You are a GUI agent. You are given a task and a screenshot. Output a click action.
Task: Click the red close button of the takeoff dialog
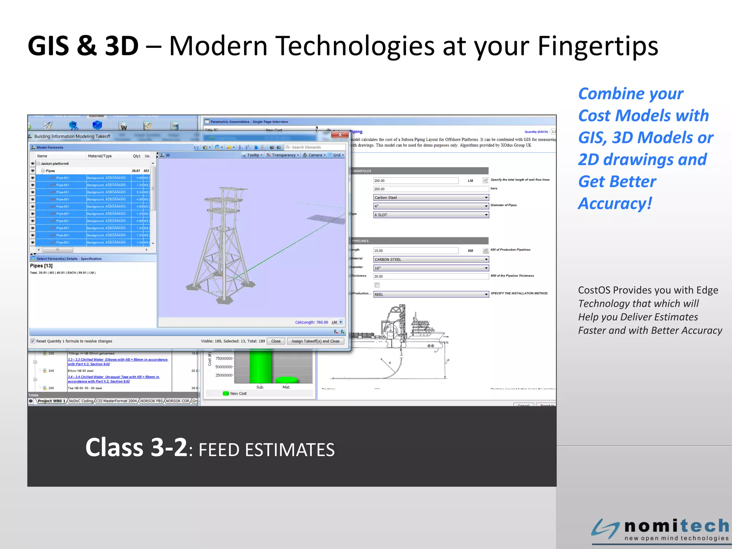coord(340,135)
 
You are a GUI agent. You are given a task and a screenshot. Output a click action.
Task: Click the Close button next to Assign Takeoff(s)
coord(276,341)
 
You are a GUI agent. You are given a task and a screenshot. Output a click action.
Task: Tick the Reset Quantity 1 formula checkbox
coord(33,341)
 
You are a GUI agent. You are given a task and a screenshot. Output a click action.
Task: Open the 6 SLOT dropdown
coord(431,215)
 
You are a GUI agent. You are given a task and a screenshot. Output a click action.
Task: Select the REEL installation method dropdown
coord(431,294)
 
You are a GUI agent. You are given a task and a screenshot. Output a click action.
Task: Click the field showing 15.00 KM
coord(416,251)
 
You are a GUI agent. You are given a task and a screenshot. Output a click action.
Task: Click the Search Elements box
coord(316,147)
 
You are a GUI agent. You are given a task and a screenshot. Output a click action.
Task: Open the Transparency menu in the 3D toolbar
coord(283,155)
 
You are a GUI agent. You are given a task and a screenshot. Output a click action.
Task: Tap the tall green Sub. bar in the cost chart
coord(260,367)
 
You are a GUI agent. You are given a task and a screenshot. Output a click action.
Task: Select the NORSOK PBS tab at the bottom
coord(151,401)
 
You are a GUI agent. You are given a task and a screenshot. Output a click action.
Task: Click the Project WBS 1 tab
coord(51,401)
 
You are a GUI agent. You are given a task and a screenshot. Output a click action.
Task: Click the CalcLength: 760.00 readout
coord(311,322)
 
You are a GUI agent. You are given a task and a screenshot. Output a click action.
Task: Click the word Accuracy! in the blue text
coord(615,204)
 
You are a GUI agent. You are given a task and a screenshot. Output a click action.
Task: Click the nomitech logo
coord(660,529)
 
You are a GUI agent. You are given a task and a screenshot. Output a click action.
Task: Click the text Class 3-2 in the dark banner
coord(136,447)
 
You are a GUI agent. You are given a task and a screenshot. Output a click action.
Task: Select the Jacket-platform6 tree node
coord(55,164)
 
